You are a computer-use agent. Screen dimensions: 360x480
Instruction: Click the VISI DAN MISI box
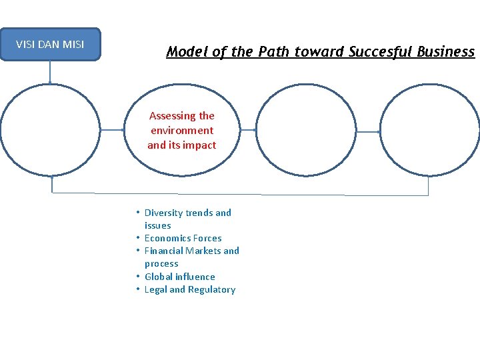pos(50,45)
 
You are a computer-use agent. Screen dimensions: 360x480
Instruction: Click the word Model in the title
pos(186,52)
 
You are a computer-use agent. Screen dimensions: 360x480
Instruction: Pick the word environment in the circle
pos(182,131)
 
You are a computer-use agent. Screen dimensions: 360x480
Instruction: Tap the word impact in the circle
pos(201,145)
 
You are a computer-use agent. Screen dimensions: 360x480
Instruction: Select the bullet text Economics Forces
pos(183,238)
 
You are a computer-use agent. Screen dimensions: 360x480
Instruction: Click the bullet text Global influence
pos(179,277)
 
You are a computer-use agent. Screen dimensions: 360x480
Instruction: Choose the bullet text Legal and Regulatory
pos(189,289)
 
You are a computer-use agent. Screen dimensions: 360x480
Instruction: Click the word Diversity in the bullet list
pos(163,213)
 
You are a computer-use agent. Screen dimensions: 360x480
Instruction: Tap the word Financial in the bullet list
pos(163,251)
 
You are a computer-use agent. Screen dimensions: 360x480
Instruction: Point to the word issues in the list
pos(157,225)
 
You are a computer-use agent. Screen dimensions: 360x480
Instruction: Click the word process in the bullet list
pos(161,263)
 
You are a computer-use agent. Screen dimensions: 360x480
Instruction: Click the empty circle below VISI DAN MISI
pos(51,131)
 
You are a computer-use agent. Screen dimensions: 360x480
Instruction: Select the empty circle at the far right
pos(428,131)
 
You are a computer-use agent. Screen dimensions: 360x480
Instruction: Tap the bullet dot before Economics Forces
pos(136,238)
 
